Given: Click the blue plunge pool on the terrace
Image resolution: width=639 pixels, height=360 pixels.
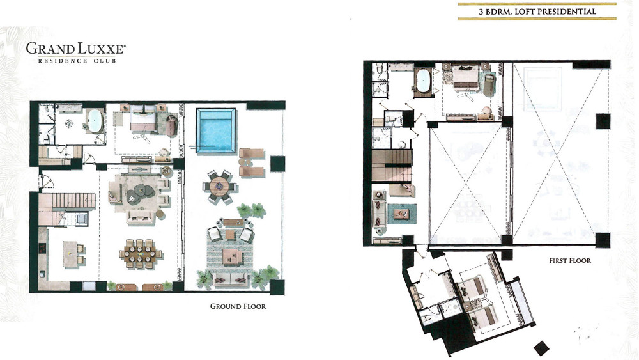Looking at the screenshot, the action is tap(215, 130).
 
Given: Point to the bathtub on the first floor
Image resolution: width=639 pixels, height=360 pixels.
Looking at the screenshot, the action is tap(424, 82).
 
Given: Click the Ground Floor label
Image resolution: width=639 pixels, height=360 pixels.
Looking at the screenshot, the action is tap(238, 306).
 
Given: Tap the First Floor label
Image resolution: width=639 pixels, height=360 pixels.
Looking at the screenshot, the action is tap(570, 260).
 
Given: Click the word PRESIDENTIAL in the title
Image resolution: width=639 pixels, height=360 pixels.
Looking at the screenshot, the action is tap(569, 12).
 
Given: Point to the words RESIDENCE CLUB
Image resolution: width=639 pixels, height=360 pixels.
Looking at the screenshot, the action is tap(77, 61).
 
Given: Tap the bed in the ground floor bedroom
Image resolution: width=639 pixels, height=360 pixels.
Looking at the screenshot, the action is tap(143, 118).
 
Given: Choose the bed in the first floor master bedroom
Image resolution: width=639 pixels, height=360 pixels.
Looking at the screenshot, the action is tap(466, 75).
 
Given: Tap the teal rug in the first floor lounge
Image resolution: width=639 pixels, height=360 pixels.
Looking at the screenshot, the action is tap(402, 213).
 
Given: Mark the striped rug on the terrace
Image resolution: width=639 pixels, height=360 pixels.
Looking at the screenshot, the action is tap(230, 254).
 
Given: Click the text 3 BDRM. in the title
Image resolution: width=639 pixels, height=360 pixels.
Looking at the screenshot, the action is tap(495, 12).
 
